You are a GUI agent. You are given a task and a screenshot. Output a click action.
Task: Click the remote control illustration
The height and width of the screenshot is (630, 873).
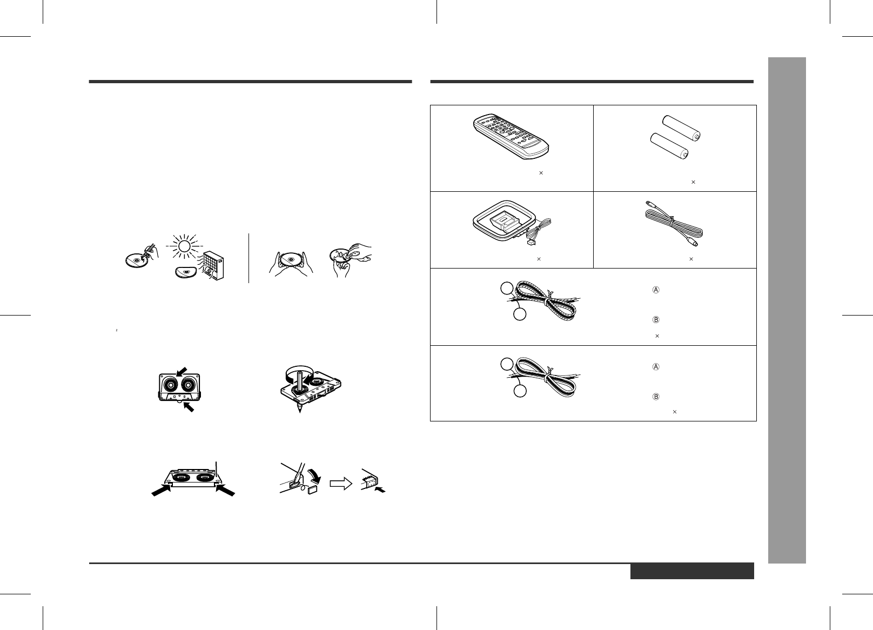point(512,137)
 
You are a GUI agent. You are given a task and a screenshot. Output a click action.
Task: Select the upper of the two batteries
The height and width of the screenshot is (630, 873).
point(682,128)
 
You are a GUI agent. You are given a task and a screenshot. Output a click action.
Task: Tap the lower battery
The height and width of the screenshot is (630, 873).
point(669,146)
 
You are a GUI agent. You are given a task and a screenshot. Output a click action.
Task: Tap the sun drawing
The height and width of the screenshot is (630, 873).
point(184,246)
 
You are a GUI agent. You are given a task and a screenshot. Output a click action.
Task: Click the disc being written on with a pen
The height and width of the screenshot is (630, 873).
point(136,260)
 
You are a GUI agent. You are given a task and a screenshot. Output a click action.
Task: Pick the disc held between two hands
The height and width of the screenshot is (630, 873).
point(291,260)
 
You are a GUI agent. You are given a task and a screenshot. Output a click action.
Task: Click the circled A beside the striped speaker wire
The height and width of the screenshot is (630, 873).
point(656,290)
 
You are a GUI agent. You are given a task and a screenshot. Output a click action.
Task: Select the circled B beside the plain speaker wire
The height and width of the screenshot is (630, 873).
point(656,397)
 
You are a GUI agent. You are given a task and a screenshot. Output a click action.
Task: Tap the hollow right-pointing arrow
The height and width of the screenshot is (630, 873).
point(341,484)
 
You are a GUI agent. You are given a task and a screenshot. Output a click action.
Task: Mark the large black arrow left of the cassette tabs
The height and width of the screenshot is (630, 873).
point(162,490)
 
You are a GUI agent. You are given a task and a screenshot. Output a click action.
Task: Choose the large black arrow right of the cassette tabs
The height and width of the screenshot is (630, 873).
point(225,490)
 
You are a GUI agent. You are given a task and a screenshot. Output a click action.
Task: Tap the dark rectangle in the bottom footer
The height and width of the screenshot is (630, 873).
point(692,571)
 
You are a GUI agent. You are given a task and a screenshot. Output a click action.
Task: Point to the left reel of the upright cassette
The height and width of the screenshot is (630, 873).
point(171,385)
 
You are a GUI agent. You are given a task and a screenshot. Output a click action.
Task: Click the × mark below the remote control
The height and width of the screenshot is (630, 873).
point(541,173)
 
